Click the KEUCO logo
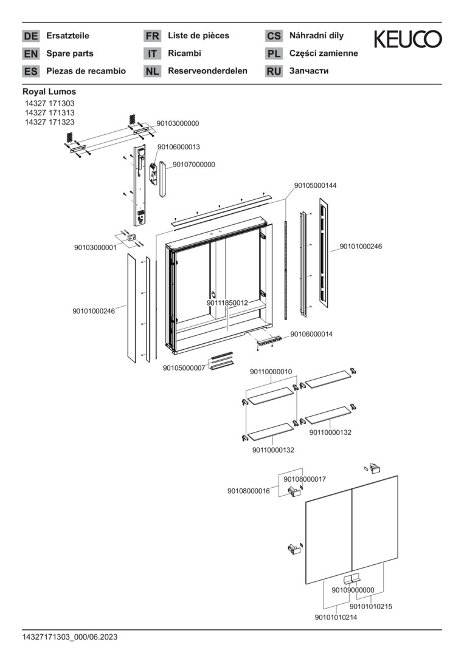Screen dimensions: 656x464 407,39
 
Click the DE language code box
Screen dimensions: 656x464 30,36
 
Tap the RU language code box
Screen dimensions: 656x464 274,71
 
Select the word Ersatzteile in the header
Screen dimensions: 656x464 68,36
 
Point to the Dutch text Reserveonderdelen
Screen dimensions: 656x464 207,71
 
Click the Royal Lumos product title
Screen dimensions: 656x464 49,92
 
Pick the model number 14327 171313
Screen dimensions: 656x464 49,113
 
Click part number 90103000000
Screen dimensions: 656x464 178,123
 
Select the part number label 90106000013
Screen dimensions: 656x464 179,147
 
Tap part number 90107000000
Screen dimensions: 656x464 193,165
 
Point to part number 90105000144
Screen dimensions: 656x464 315,185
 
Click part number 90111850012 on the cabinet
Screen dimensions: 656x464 227,302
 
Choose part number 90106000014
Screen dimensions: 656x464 311,334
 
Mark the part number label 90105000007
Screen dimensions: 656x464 184,368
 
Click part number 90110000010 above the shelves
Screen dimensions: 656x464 271,372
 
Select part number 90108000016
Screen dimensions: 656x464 249,491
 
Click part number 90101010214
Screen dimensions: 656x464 336,618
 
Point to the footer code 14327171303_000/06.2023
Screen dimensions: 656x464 70,637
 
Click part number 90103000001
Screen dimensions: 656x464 95,248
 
